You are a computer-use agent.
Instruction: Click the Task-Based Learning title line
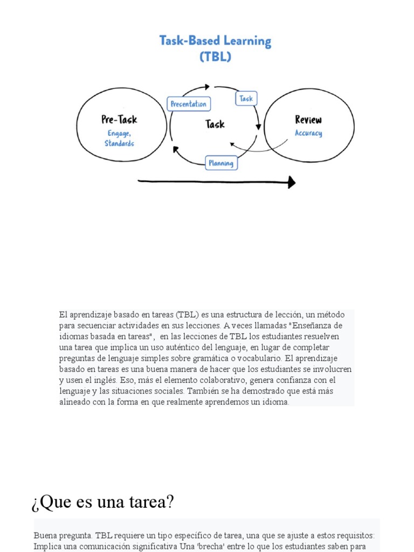point(215,40)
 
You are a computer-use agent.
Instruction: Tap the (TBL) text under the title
point(215,56)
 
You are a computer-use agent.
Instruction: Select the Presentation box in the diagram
point(188,104)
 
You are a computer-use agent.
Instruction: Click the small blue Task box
point(246,99)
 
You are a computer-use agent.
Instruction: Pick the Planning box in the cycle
point(220,163)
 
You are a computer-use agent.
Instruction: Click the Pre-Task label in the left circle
point(119,120)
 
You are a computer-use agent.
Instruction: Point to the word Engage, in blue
point(119,133)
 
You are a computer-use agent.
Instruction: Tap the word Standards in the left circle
point(119,143)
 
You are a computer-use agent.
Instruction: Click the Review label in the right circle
point(308,119)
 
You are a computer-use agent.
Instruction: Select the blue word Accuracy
point(308,133)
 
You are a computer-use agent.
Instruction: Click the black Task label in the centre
point(215,125)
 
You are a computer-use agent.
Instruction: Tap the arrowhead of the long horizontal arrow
point(292,182)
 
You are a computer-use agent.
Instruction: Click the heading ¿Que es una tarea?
point(103,502)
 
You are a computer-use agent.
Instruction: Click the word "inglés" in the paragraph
point(102,380)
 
